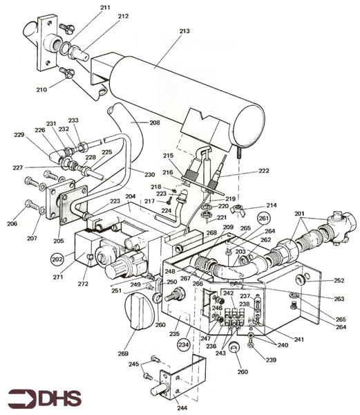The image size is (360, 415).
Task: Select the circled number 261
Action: click(x=263, y=218)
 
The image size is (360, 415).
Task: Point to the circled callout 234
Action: click(x=184, y=344)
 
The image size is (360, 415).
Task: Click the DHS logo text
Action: click(x=46, y=398)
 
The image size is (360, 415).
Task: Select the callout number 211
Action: click(x=105, y=8)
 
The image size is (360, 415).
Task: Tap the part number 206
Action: click(x=10, y=224)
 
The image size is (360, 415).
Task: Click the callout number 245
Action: click(x=134, y=365)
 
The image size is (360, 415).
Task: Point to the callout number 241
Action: click(x=298, y=340)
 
